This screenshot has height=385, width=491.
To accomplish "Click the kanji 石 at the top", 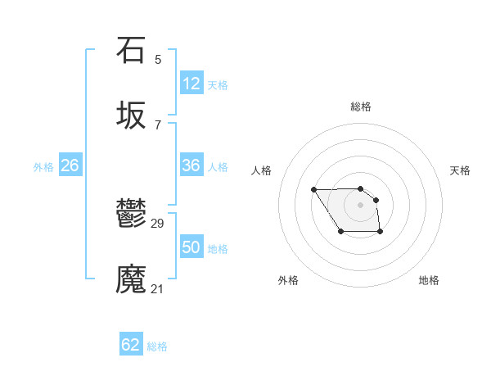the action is (x=131, y=50).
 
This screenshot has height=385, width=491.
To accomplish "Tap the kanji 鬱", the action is (x=131, y=214).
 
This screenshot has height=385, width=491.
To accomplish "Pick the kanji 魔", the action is (x=131, y=279).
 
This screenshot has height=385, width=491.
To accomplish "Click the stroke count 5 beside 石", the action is (x=158, y=60).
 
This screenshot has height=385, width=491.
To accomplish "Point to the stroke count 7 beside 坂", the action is (x=158, y=125).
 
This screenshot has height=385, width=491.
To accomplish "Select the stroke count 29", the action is (x=158, y=224).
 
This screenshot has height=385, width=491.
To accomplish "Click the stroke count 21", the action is (x=158, y=289).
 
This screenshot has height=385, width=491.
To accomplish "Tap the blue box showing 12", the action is (x=191, y=84).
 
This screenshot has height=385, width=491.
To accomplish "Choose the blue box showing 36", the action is (x=191, y=165).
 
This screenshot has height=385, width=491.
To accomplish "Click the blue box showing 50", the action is (x=191, y=247).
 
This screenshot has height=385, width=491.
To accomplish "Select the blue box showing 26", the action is (x=70, y=165).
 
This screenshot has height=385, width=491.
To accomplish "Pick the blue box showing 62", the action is (x=131, y=345).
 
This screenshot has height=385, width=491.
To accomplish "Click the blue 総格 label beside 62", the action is (x=157, y=346).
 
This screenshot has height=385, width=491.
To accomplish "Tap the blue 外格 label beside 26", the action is (x=43, y=167).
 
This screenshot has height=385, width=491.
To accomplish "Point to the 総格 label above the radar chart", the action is (x=360, y=106).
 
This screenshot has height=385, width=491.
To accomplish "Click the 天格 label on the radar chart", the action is (x=460, y=170).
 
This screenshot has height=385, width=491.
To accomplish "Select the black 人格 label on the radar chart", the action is (x=262, y=170).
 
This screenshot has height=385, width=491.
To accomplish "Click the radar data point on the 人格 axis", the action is (x=314, y=190).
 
